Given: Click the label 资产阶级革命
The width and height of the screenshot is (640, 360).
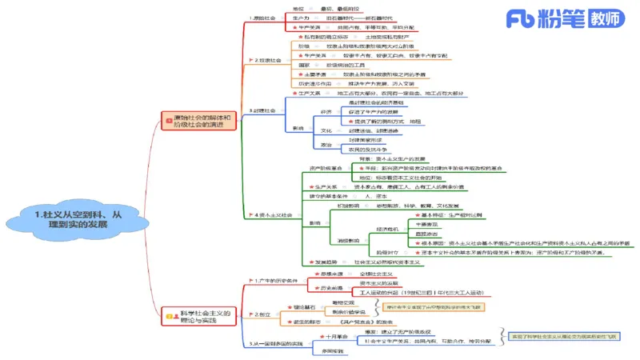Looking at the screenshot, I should coord(326,169).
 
